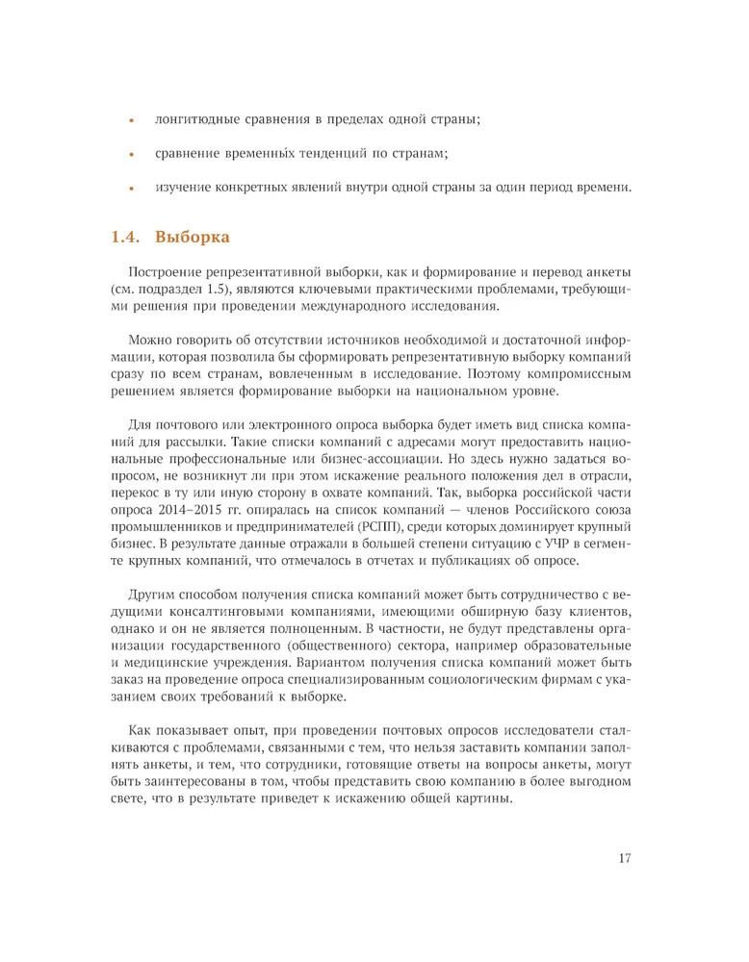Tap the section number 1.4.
pyautogui.click(x=127, y=237)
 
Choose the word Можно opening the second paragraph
pyautogui.click(x=148, y=340)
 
